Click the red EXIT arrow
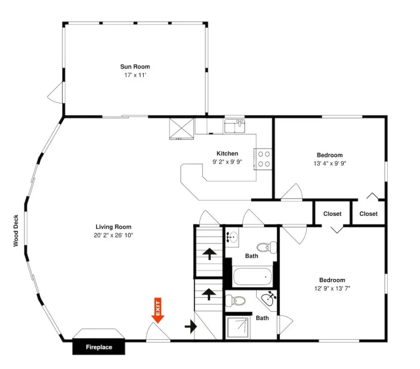[158, 310]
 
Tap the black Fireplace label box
[99, 347]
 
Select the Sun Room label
[135, 67]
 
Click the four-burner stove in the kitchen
[263, 159]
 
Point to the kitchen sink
[235, 126]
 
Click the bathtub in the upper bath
[253, 277]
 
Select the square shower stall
[238, 328]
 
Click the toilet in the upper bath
[267, 247]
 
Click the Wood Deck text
[16, 231]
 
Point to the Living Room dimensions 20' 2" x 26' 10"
[113, 235]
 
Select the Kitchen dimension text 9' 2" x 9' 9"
[227, 162]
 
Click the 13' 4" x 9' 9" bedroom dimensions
[330, 163]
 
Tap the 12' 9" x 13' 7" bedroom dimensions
[332, 288]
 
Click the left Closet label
[332, 214]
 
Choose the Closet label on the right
[368, 214]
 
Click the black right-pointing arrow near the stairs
[191, 326]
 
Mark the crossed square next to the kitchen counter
[181, 129]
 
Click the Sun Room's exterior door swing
[56, 92]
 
